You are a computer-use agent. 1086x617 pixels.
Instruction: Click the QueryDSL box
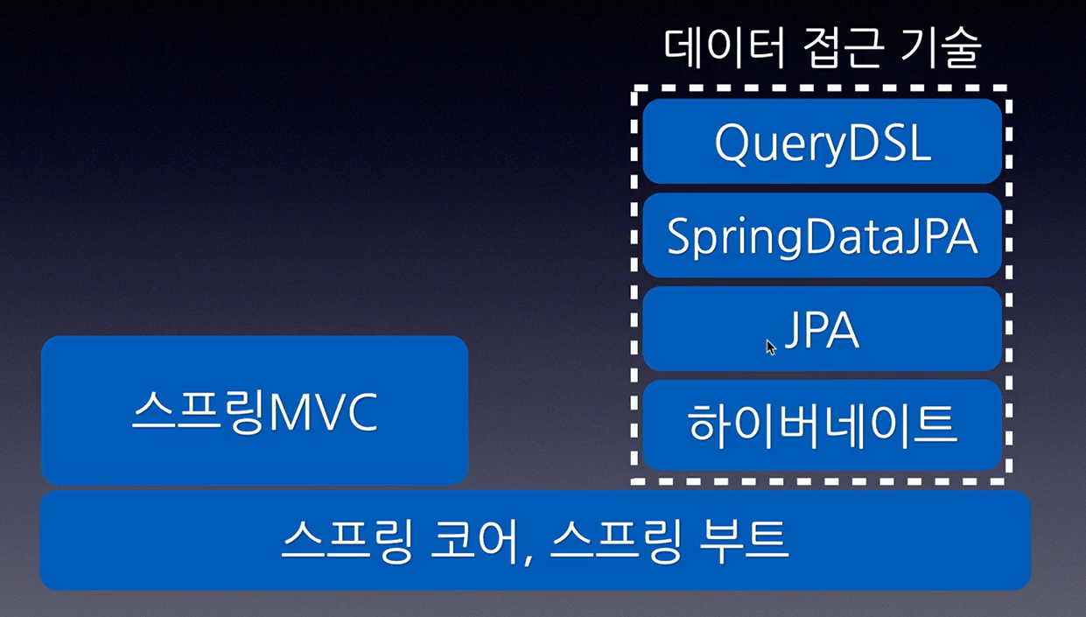[x=823, y=141]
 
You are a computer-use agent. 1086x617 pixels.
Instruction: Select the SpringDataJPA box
[x=823, y=235]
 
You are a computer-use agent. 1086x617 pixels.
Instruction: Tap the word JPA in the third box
[x=822, y=330]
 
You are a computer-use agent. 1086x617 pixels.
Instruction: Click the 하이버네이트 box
[x=823, y=424]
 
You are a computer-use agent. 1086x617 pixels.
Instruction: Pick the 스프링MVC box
[x=255, y=410]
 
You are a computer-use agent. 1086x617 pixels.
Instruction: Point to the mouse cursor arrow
[x=771, y=347]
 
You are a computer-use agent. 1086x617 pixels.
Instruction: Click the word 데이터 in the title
[x=724, y=47]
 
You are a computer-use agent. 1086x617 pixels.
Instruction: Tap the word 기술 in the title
[x=942, y=47]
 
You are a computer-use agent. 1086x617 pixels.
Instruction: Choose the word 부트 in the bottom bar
[x=744, y=540]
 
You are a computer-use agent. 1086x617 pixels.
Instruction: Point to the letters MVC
[x=323, y=412]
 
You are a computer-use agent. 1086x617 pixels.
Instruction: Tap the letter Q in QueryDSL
[x=733, y=144]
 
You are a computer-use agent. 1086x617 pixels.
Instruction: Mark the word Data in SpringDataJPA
[x=855, y=236]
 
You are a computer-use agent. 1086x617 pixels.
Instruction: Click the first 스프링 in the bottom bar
[x=347, y=540]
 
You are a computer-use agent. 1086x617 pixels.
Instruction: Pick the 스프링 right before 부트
[x=616, y=540]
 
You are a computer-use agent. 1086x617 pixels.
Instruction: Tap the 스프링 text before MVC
[x=199, y=412]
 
